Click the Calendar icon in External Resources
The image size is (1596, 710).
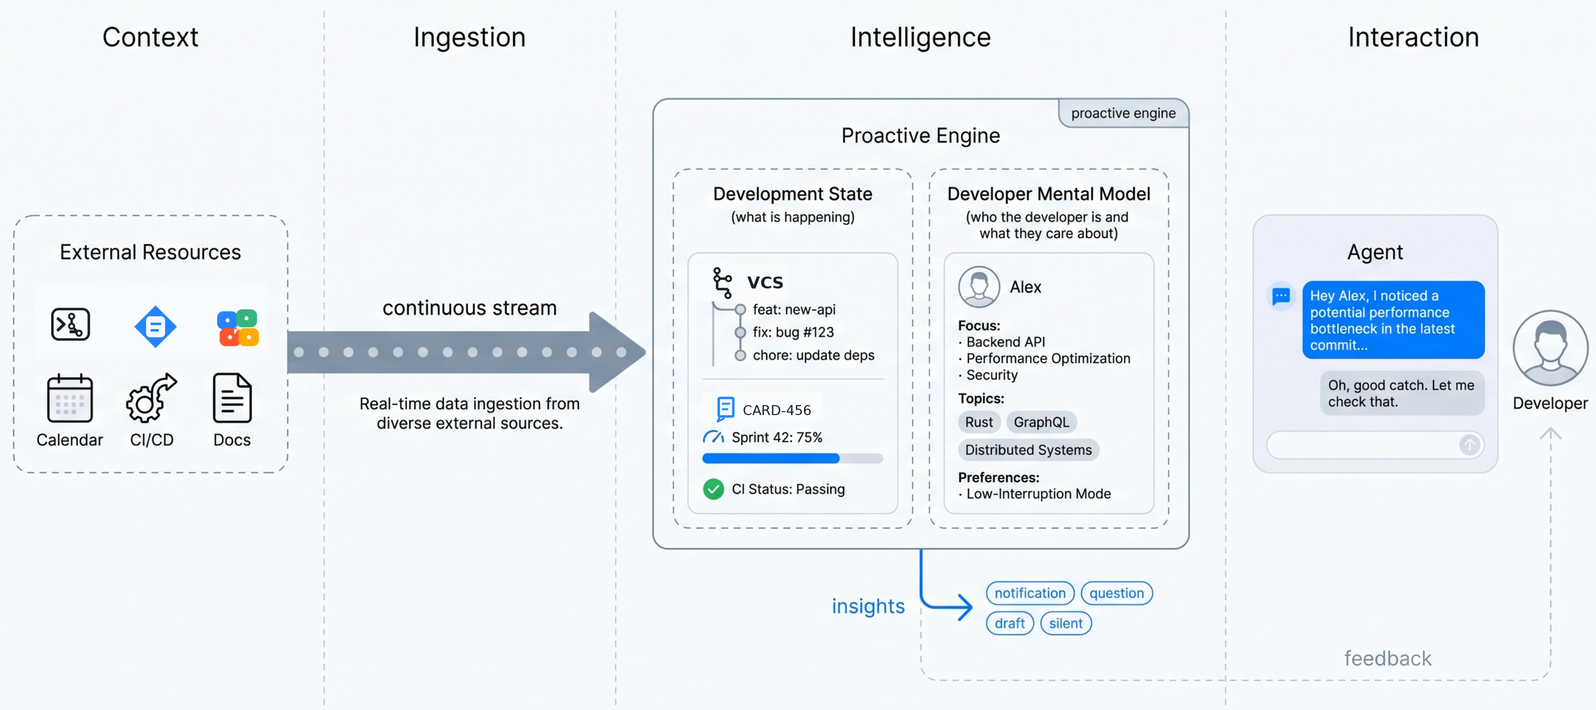[x=70, y=398]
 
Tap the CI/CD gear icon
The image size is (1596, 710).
[x=151, y=398]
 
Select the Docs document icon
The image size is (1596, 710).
[x=233, y=398]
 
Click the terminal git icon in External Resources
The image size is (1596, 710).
[x=70, y=324]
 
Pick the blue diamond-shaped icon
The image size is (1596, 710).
[x=155, y=326]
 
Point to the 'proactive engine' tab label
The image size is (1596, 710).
[x=1123, y=113]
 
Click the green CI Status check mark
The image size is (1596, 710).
[x=713, y=489]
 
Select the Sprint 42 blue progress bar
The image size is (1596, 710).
[x=793, y=459]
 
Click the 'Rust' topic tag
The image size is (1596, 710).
[x=979, y=422]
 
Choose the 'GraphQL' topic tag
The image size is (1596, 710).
[x=1041, y=422]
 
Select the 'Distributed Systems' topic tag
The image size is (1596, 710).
[x=1029, y=450]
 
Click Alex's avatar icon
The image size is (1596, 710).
[x=979, y=286]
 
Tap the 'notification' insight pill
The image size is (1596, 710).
[x=1030, y=593]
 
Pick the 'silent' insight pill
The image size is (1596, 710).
[x=1066, y=623]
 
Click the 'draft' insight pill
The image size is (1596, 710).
[x=1010, y=623]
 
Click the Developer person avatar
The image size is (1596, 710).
[x=1550, y=348]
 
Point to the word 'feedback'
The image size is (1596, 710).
[x=1388, y=658]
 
